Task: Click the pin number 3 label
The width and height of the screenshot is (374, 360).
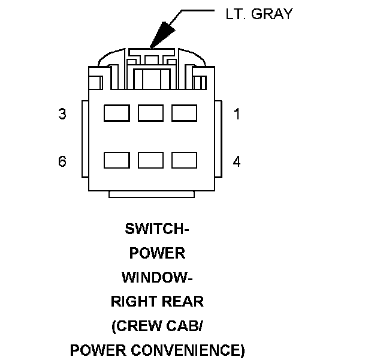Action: pos(62,114)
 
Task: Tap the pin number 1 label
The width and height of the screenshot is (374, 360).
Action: pos(237,114)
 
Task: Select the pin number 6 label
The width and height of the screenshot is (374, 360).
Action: pos(62,161)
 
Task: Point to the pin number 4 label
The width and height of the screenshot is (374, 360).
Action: pos(237,161)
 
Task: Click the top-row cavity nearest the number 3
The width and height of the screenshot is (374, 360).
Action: pos(117,113)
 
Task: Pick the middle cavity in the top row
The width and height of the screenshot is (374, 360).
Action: pos(151,113)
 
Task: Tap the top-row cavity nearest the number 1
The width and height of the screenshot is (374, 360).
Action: pos(185,113)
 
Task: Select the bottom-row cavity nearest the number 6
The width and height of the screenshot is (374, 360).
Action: pos(117,160)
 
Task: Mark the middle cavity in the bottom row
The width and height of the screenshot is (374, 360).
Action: pos(151,160)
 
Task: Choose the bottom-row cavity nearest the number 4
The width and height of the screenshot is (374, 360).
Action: pos(185,160)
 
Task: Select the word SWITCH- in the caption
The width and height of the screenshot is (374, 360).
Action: pos(157,229)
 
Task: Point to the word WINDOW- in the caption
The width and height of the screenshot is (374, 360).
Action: pos(157,277)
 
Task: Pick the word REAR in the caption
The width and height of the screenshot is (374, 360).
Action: pos(182,301)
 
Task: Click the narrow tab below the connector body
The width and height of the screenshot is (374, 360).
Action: pos(152,194)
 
